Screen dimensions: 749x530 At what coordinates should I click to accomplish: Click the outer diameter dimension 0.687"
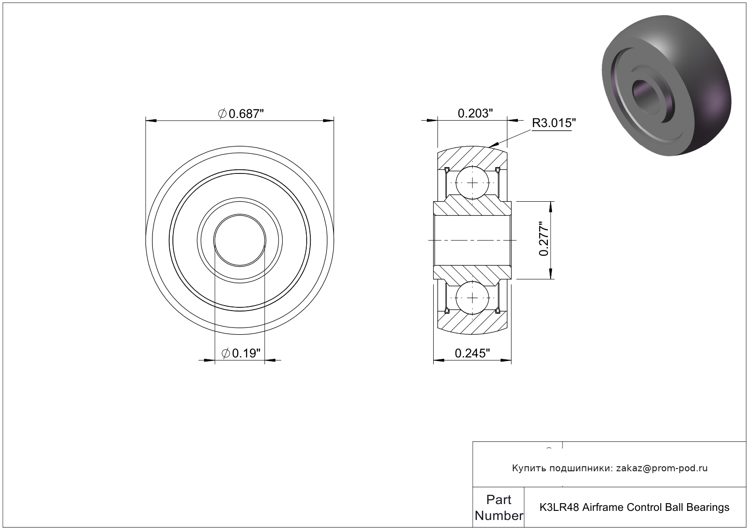coord(241,114)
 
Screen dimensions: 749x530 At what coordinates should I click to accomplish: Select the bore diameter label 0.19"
coord(241,353)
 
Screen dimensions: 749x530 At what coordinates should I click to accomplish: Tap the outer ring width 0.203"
coord(475,114)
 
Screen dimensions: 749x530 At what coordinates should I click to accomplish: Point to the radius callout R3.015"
coord(554,123)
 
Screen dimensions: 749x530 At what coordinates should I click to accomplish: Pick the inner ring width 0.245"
coord(472,353)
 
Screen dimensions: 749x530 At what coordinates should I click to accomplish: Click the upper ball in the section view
coord(472,183)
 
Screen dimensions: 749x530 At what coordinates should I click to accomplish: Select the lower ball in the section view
coord(472,298)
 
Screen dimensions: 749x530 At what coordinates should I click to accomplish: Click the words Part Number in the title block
coord(499,508)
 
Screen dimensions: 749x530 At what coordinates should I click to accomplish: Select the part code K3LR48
coord(559,508)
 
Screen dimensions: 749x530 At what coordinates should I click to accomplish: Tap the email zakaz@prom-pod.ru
coord(662,469)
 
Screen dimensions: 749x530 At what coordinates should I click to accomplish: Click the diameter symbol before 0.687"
coord(223,114)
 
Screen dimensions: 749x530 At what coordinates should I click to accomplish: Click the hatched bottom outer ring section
coord(472,323)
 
